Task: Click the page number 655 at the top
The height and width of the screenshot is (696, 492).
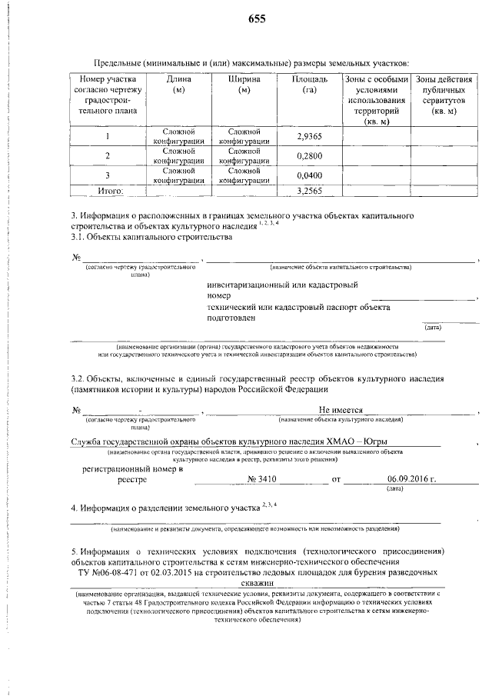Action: [x=257, y=20]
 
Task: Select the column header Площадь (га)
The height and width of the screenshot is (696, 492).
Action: [x=311, y=85]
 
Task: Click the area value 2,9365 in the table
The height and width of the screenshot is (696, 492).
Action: [x=309, y=137]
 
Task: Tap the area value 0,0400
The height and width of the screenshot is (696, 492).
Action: [x=309, y=175]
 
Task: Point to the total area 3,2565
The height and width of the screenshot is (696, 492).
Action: [x=309, y=190]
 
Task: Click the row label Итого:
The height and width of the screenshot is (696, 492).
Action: [x=108, y=190]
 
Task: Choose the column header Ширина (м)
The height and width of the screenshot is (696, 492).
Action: [x=244, y=85]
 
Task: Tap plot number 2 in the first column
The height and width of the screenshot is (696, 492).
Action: [x=108, y=156]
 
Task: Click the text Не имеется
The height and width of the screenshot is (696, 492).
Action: [x=341, y=410]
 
